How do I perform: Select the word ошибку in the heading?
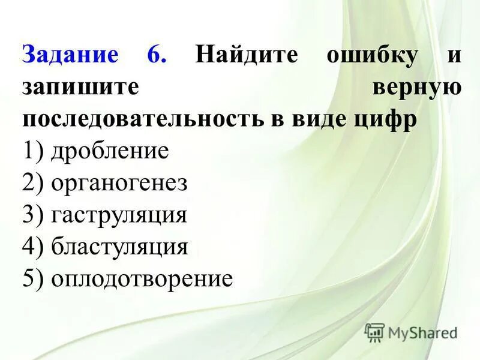click(371, 55)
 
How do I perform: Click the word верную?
click(416, 88)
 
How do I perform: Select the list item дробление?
click(110, 151)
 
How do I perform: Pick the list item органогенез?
click(119, 184)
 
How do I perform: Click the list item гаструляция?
click(119, 215)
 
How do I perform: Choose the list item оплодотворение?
click(142, 279)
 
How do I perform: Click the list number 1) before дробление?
click(34, 151)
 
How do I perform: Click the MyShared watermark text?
click(422, 332)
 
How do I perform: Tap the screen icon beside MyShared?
click(374, 332)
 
